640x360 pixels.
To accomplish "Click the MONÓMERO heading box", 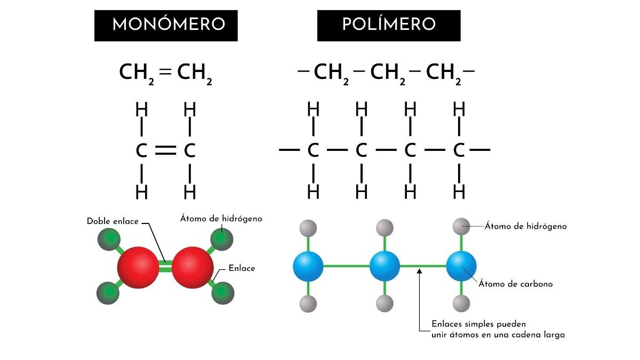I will coord(166,25).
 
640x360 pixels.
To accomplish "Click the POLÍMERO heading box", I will coord(388,25).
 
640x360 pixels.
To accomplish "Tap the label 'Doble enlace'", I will coord(113,221).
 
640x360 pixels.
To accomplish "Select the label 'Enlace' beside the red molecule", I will coord(242,268).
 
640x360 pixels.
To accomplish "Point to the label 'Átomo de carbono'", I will coord(515,284).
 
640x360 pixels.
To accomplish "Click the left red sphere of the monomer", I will coord(138,267).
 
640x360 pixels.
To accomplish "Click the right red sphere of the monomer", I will coord(193,267).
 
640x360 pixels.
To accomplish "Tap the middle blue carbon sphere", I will coord(385,266).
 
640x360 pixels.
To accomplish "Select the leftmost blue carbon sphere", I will coord(308,266).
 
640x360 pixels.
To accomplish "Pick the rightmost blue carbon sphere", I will coord(461,266).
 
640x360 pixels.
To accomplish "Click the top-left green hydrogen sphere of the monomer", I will coord(109,238).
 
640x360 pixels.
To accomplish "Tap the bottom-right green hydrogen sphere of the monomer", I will coord(222,293).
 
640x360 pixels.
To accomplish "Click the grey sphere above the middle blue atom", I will coord(385,228).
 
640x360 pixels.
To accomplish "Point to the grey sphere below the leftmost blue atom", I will coord(308,304).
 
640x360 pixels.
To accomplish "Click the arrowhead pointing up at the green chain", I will coord(420,273).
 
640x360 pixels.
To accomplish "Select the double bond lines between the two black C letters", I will coord(165,150).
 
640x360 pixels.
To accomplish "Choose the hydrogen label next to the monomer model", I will coord(221,219).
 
